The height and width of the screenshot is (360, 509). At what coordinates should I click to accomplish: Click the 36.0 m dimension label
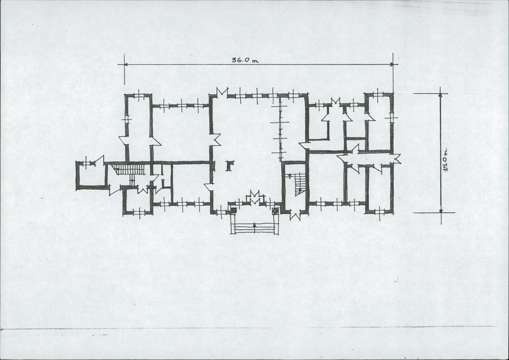(x=245, y=60)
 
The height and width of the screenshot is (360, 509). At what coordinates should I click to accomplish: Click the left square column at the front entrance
(x=233, y=210)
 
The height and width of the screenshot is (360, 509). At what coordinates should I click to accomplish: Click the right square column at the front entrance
(x=275, y=211)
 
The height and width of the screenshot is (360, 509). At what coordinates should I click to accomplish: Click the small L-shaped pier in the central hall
(x=229, y=166)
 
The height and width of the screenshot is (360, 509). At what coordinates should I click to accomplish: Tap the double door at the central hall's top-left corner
(x=222, y=91)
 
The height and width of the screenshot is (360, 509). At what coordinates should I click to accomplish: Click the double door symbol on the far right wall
(x=397, y=159)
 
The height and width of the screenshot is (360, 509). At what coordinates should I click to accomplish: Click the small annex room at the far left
(x=91, y=175)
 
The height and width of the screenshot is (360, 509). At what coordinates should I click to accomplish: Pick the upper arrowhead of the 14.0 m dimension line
(x=441, y=95)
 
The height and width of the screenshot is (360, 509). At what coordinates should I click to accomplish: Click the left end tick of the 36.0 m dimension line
(x=124, y=64)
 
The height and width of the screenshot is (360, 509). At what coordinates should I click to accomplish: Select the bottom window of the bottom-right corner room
(x=379, y=212)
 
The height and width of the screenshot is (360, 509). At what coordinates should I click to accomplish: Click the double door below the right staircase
(x=295, y=216)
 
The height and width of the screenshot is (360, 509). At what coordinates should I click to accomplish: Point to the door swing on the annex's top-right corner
(x=100, y=160)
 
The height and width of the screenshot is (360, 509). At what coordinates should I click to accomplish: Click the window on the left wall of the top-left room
(x=127, y=119)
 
